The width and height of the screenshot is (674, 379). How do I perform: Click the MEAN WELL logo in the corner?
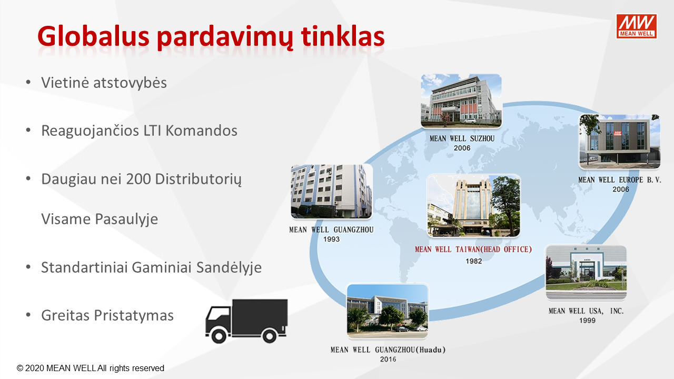click(637, 26)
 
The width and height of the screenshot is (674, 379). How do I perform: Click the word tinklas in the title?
click(343, 36)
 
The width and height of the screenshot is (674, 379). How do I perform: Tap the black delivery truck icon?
click(246, 321)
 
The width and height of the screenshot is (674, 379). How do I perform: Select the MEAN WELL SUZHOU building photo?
click(461, 101)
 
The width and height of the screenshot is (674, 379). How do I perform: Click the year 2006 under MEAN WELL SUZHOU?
click(462, 148)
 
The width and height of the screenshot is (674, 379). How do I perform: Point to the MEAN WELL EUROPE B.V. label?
click(620, 180)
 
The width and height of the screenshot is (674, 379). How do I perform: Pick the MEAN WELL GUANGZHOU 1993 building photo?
click(332, 191)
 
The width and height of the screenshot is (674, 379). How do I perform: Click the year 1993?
click(331, 239)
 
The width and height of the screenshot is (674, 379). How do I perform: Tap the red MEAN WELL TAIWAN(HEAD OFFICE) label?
click(473, 250)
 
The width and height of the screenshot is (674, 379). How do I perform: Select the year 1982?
click(473, 261)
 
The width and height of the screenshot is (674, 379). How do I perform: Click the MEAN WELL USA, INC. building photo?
click(586, 272)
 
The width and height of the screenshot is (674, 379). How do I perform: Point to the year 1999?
click(587, 321)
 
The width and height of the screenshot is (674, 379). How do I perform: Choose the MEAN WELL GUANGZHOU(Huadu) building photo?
click(388, 311)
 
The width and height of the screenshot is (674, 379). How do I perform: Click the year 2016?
click(388, 359)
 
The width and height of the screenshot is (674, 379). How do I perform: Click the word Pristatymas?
click(134, 315)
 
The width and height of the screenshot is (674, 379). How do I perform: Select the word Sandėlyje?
click(229, 267)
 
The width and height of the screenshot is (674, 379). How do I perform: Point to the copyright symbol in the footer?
click(20, 368)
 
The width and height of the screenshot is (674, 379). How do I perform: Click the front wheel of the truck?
click(219, 335)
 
